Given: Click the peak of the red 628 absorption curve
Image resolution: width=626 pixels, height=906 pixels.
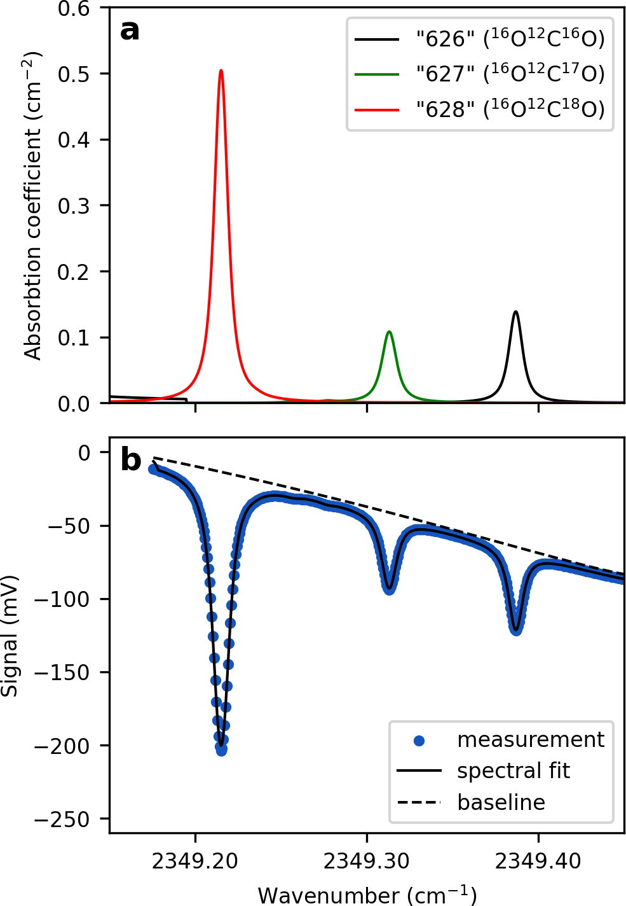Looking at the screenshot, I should tap(221, 71).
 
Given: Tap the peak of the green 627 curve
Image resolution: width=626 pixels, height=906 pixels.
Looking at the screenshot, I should tap(389, 331).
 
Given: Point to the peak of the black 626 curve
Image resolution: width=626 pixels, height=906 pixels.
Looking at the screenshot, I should tap(515, 312).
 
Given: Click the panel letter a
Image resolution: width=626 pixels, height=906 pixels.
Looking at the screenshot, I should tap(130, 30).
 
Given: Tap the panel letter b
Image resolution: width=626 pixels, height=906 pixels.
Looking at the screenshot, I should tap(130, 459).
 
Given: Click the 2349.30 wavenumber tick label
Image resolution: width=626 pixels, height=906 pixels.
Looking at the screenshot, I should tap(367, 861).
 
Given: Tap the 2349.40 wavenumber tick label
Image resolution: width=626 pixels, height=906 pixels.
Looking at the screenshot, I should tap(538, 861).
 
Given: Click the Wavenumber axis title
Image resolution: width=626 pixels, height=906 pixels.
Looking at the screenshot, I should tap(367, 895).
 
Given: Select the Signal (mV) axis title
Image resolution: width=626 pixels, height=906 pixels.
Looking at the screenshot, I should tap(10, 636).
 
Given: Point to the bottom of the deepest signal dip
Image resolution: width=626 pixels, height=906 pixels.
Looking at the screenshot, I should tap(221, 751).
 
